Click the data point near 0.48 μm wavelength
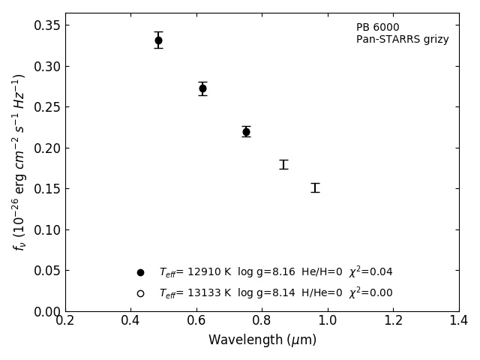(158, 40)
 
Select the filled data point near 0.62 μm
(202, 88)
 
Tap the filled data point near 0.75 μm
(246, 131)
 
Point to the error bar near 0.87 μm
(283, 164)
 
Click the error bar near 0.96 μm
(315, 187)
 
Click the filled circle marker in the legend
(140, 272)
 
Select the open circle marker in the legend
(140, 293)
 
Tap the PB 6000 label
(377, 28)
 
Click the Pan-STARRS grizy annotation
(402, 40)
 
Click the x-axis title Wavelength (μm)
(262, 340)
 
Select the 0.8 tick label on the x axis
(262, 321)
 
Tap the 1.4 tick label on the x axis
(458, 321)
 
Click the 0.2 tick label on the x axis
(65, 321)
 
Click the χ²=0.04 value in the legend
(370, 271)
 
